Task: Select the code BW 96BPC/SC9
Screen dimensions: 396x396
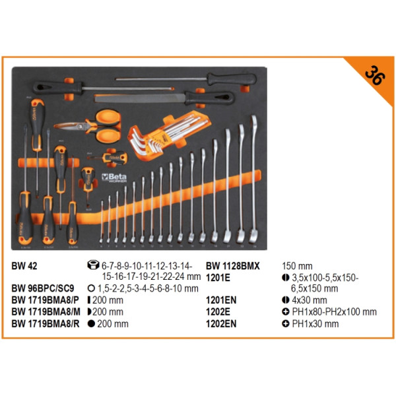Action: coord(44,288)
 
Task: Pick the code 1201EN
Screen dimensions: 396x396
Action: coord(220,300)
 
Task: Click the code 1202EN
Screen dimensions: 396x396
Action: coord(220,323)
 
